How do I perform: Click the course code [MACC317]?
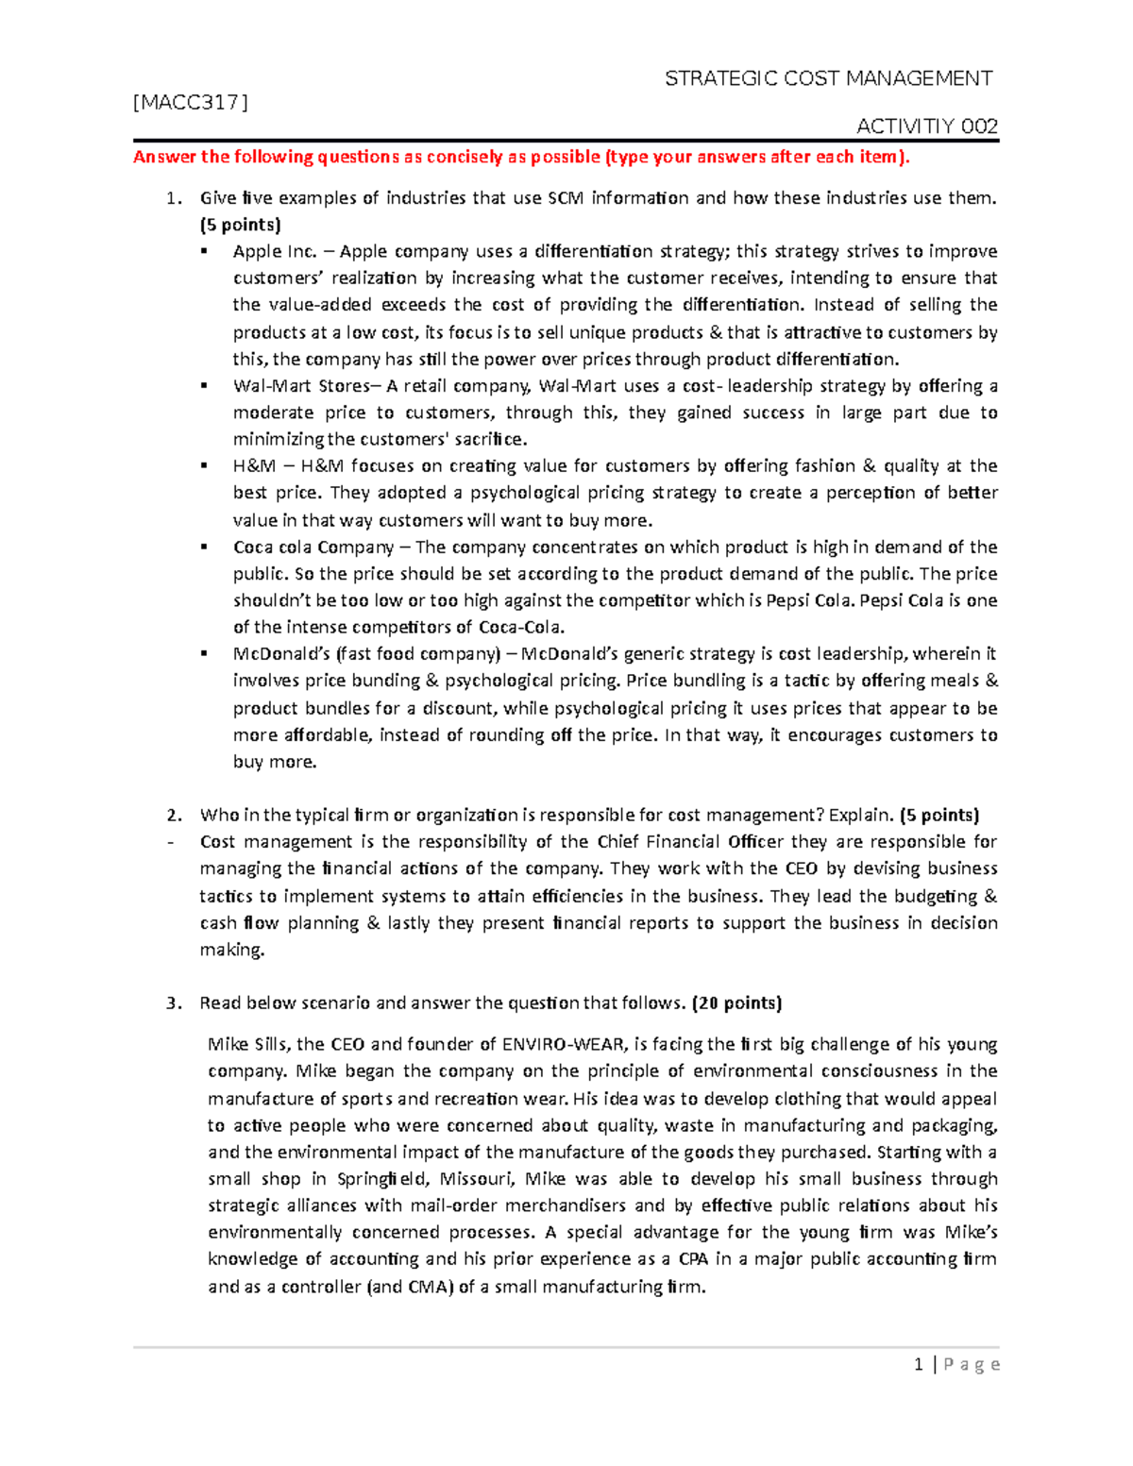pyautogui.click(x=191, y=103)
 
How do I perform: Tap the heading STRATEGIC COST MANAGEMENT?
pyautogui.click(x=828, y=78)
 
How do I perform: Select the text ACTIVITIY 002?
pyautogui.click(x=926, y=126)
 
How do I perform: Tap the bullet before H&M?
pyautogui.click(x=204, y=466)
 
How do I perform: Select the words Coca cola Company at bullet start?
pyautogui.click(x=313, y=548)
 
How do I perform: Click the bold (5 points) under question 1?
pyautogui.click(x=240, y=225)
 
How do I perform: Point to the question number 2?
pyautogui.click(x=172, y=816)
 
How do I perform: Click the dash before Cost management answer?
pyautogui.click(x=169, y=842)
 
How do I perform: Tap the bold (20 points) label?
pyautogui.click(x=736, y=1003)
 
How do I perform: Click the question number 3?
pyautogui.click(x=172, y=1003)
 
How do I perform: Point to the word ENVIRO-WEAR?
pyautogui.click(x=562, y=1044)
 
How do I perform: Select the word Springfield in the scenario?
pyautogui.click(x=382, y=1179)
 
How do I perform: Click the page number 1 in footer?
pyautogui.click(x=918, y=1364)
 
